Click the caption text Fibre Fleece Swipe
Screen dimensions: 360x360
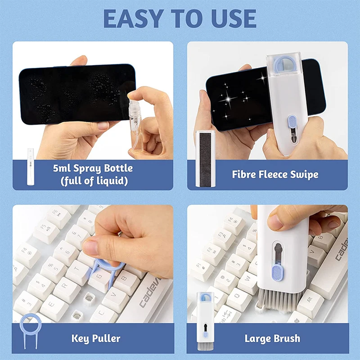pos(275,175)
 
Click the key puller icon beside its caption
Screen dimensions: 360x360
pos(30,330)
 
